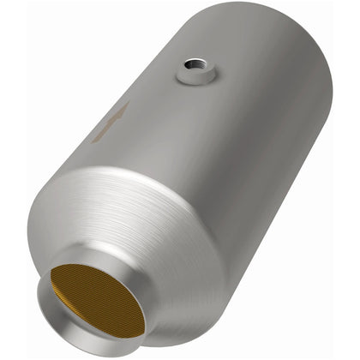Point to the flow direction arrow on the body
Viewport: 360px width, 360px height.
click(111, 123)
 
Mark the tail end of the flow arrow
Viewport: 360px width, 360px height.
click(97, 138)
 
